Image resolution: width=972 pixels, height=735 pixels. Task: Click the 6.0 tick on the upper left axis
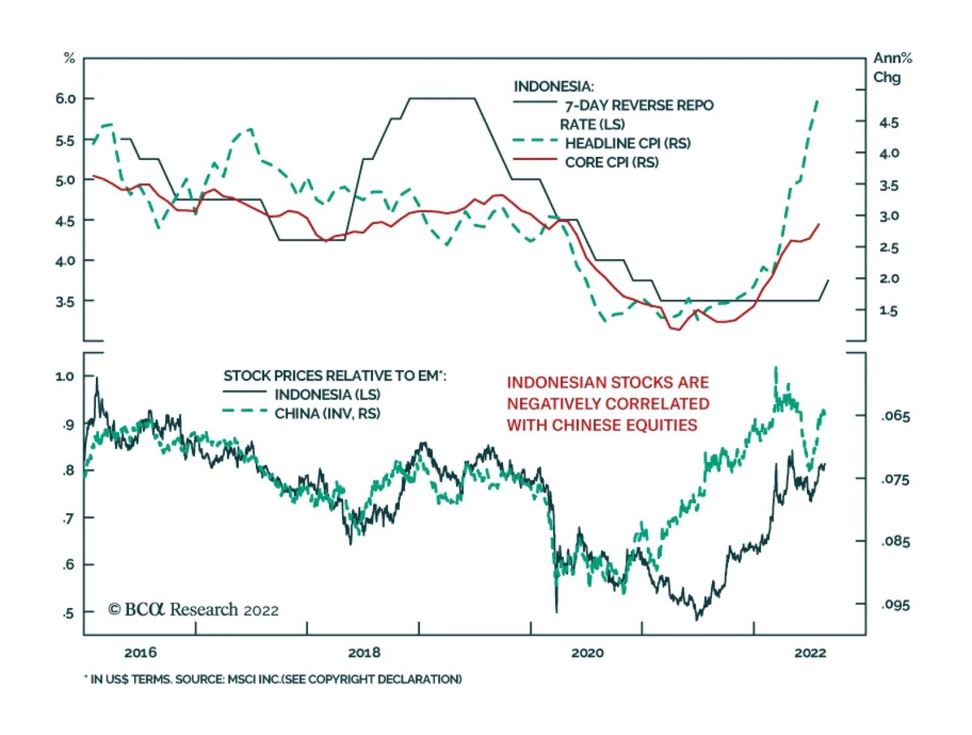(x=66, y=98)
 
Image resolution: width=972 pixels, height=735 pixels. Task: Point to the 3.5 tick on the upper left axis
(x=66, y=302)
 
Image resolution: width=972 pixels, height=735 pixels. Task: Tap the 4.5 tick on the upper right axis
(x=889, y=123)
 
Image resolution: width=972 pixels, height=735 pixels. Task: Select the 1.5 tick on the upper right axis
(x=889, y=311)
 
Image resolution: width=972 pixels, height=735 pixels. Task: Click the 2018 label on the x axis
(x=364, y=653)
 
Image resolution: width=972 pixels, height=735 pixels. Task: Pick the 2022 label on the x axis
(x=810, y=653)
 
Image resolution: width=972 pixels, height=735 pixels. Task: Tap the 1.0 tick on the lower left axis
(x=64, y=376)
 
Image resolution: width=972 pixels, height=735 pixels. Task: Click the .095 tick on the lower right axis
(x=895, y=605)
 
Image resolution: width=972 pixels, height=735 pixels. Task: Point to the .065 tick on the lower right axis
(x=895, y=416)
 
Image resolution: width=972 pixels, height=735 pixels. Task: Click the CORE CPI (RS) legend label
(x=612, y=162)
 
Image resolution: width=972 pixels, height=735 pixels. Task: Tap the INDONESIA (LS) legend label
(x=327, y=395)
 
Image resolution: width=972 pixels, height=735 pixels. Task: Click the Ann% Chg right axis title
(x=892, y=67)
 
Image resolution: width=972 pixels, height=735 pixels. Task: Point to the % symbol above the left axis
(x=69, y=58)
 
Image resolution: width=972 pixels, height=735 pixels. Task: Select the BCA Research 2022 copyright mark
(x=193, y=610)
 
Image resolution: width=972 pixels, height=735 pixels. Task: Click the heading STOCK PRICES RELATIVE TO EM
(x=334, y=376)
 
